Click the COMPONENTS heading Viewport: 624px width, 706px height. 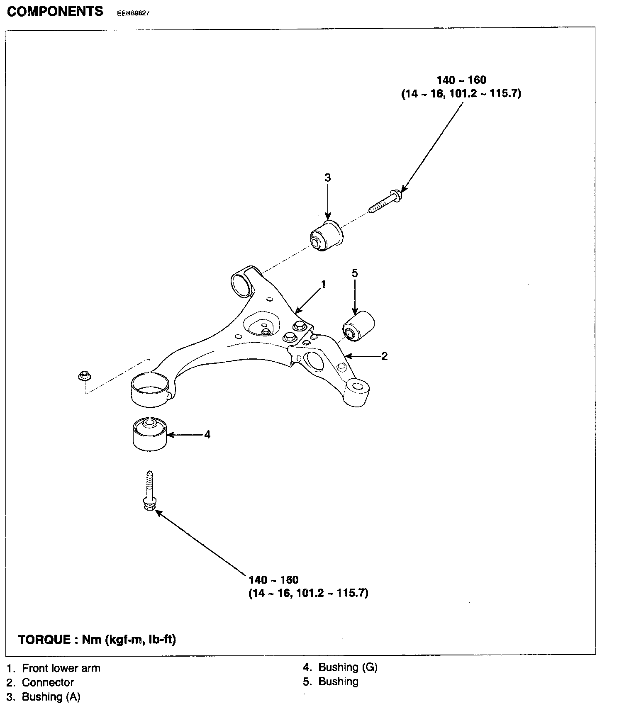(55, 11)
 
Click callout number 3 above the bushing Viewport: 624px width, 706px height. (328, 178)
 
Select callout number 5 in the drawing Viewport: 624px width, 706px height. (354, 273)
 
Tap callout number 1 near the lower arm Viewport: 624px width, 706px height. (323, 285)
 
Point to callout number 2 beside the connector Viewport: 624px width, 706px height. (384, 356)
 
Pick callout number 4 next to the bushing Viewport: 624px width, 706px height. (207, 434)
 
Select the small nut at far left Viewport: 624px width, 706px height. (84, 376)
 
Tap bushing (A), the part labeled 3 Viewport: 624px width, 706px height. (327, 236)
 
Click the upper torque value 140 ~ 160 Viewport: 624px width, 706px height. (461, 80)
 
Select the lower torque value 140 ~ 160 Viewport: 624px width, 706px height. (274, 579)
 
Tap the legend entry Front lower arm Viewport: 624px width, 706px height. (61, 668)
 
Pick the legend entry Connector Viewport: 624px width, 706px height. (48, 682)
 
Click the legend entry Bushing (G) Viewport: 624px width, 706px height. (348, 667)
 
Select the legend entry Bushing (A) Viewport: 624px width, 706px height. (51, 697)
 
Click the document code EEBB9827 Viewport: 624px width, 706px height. (133, 13)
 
